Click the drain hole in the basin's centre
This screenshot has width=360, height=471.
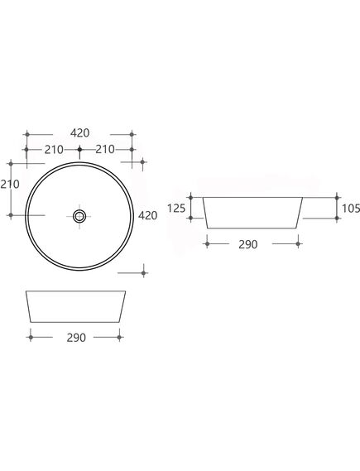pos(79,216)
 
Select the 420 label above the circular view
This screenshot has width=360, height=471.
pos(80,132)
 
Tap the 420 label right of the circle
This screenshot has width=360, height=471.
pos(147,215)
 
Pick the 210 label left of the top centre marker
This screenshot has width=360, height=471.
pos(54,150)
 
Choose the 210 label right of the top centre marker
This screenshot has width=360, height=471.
pos(105,149)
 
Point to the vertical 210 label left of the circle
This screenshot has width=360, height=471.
pos(10,184)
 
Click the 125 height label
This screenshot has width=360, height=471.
pos(176,208)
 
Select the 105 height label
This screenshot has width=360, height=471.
pos(351,208)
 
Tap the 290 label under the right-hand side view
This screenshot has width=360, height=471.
pos(248,244)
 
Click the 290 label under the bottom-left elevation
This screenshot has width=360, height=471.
pos(76,338)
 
